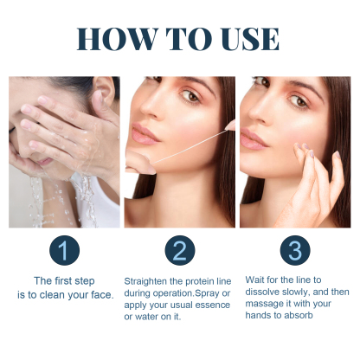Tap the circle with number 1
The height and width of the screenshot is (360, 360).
click(64, 251)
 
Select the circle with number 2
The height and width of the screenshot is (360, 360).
click(179, 251)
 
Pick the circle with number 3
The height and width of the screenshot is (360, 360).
click(294, 251)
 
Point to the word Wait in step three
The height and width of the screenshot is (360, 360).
click(255, 280)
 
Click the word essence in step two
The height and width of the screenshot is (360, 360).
click(214, 305)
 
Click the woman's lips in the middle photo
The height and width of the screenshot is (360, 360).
click(144, 135)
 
